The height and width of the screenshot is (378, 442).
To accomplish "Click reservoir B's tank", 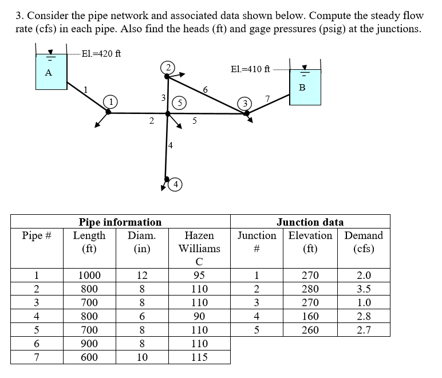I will click(305, 87).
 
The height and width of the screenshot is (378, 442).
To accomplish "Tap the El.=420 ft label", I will click(101, 54).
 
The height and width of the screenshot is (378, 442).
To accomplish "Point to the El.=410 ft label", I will click(250, 69).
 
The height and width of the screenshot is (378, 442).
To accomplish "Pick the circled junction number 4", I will click(176, 184).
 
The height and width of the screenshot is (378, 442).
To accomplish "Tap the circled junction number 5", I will click(180, 103).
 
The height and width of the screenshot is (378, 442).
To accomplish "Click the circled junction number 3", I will click(245, 103).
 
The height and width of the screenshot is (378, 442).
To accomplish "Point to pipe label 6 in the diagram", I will click(206, 89).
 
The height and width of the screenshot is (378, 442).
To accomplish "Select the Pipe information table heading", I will click(120, 222).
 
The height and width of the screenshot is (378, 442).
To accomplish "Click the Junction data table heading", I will click(310, 222).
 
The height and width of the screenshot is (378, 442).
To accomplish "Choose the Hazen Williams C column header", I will click(199, 249).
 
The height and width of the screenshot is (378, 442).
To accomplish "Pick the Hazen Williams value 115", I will click(199, 357).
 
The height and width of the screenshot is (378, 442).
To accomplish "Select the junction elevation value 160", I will click(310, 316).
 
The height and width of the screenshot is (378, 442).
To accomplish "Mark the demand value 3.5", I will click(364, 289).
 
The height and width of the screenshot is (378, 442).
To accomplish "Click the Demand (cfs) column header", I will click(364, 242).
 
